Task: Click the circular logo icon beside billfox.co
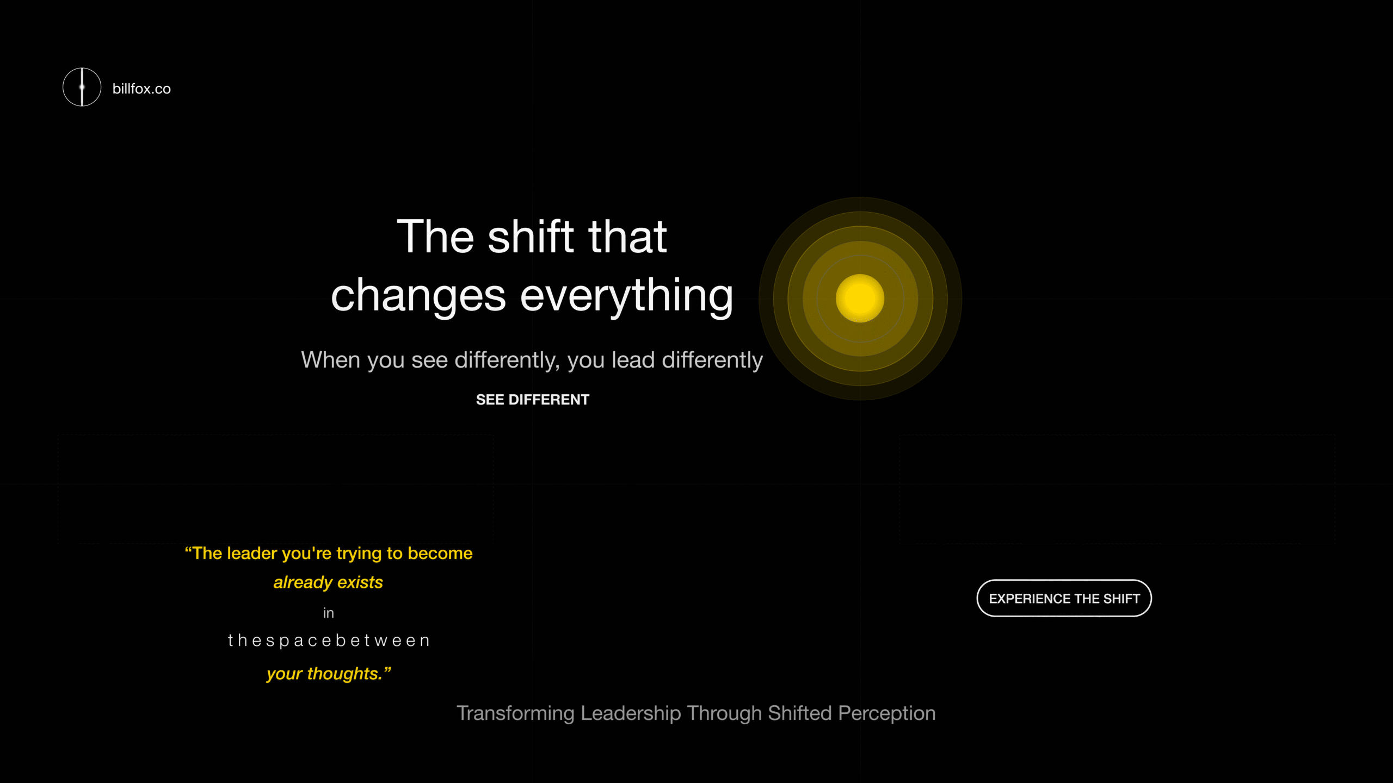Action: pyautogui.click(x=82, y=87)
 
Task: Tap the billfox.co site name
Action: pyautogui.click(x=141, y=89)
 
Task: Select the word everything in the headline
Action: pyautogui.click(x=627, y=296)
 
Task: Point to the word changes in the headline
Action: pyautogui.click(x=418, y=296)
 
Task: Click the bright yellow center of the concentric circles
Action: pyautogui.click(x=860, y=299)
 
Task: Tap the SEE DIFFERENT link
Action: pyautogui.click(x=532, y=400)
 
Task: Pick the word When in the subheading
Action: pyautogui.click(x=331, y=360)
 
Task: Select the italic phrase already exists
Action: pyautogui.click(x=328, y=582)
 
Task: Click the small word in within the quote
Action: pyautogui.click(x=328, y=613)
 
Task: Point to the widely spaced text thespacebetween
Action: pyautogui.click(x=329, y=641)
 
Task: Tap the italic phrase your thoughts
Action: pyautogui.click(x=329, y=674)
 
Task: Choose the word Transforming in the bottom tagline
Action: pyautogui.click(x=515, y=713)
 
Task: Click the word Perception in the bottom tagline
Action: pyautogui.click(x=886, y=713)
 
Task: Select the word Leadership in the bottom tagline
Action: pyautogui.click(x=631, y=713)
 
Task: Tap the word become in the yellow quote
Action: pyautogui.click(x=440, y=554)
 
